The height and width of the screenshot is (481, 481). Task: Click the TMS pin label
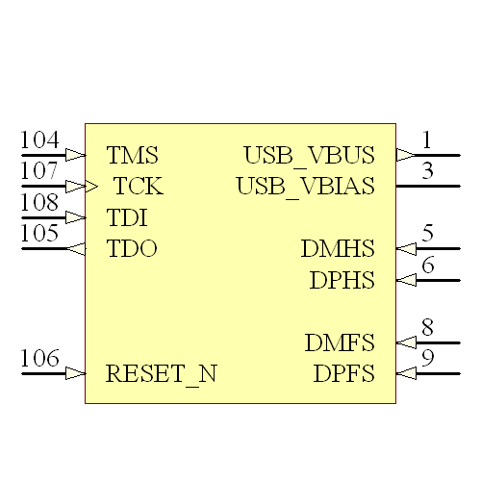point(132,155)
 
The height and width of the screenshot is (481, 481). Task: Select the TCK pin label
point(139,186)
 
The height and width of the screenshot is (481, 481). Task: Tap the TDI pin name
point(127,217)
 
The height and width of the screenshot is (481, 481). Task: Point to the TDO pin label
point(132,249)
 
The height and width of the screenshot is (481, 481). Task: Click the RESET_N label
point(162,373)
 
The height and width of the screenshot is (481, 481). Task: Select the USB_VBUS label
point(309,155)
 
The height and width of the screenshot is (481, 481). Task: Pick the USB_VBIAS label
point(305,186)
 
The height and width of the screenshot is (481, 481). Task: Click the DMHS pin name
point(337,249)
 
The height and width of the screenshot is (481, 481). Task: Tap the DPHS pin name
point(342,281)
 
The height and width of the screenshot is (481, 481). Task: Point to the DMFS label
point(340,342)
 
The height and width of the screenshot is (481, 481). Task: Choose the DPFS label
point(343,373)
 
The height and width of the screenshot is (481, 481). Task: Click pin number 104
point(39,140)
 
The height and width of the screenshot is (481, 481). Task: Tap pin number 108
point(39,203)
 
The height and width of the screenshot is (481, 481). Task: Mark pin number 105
point(39,235)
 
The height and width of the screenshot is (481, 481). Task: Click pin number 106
point(39,359)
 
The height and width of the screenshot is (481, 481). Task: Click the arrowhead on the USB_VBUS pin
point(405,155)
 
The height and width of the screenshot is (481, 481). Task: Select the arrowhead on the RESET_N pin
point(75,373)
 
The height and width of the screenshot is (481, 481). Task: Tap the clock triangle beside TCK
point(92,186)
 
